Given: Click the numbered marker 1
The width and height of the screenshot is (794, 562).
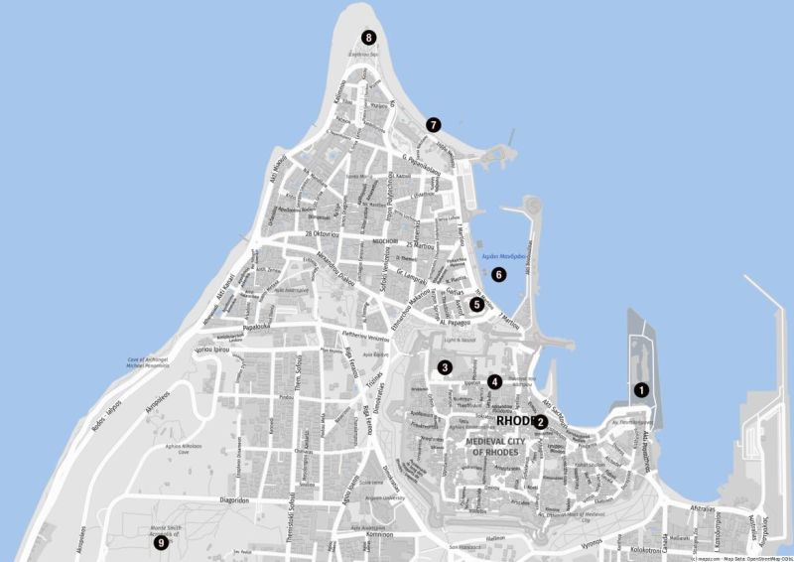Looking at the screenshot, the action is click(x=641, y=390).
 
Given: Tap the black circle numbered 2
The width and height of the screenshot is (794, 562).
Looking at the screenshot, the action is click(x=541, y=422).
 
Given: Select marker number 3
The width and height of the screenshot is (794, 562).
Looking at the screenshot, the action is click(x=446, y=367).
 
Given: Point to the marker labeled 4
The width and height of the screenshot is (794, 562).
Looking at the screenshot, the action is click(x=494, y=380).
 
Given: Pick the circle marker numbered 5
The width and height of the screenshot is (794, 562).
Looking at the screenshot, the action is click(x=477, y=305).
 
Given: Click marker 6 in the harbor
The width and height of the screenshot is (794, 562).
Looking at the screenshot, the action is click(x=499, y=274).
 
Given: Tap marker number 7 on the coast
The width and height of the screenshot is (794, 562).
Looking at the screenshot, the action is click(x=433, y=125).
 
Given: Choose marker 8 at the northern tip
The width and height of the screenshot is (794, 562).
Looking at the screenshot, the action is click(x=369, y=38).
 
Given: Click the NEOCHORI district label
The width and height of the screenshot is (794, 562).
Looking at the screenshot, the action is click(x=384, y=240).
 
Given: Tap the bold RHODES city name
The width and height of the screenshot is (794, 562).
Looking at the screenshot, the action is click(x=515, y=421).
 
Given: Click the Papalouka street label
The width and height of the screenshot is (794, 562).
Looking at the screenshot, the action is click(x=255, y=325).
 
